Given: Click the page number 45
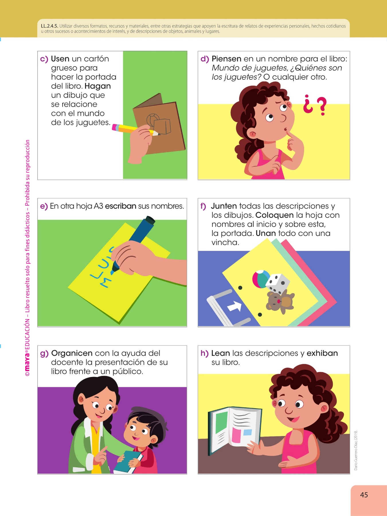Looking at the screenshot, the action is coord(364,495).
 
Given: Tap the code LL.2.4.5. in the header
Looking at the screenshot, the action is coord(50,26).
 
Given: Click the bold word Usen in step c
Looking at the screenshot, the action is coord(60,59).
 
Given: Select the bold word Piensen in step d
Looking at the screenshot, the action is coord(226,59).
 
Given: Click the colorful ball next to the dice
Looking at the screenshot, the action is coord(260,279).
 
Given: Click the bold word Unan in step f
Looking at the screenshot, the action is coord(266,233).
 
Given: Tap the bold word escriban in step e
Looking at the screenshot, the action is coord(121,206).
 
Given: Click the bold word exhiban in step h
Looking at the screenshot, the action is coord(322,353).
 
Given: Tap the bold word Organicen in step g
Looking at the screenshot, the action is coord(72,353).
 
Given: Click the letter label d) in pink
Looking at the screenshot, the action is coord(205,59).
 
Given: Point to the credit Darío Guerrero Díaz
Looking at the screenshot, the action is coord(356,450).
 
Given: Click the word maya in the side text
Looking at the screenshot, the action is coord(27,361).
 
